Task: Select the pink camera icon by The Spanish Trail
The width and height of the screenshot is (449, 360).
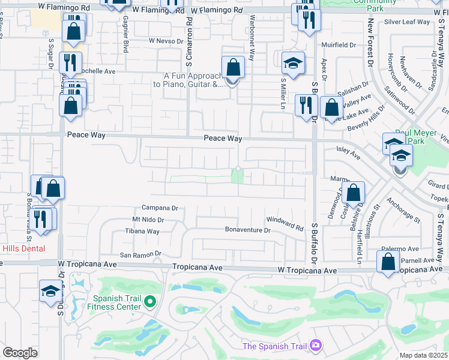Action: coord(316,346)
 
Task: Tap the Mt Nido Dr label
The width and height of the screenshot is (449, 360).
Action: coord(148,220)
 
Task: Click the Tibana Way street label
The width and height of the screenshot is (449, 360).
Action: coord(142,232)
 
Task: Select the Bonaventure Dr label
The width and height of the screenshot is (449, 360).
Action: coord(248,230)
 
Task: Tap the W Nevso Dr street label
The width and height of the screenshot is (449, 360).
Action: coord(165,41)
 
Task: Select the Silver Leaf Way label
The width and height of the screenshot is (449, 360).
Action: coord(408,22)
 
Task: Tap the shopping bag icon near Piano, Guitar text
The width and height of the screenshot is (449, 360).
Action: coord(232,68)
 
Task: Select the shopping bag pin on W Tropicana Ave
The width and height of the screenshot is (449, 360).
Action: coord(388,262)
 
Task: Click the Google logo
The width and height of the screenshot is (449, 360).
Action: coord(20,353)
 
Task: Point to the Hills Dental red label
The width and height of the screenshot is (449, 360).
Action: coord(23,248)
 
